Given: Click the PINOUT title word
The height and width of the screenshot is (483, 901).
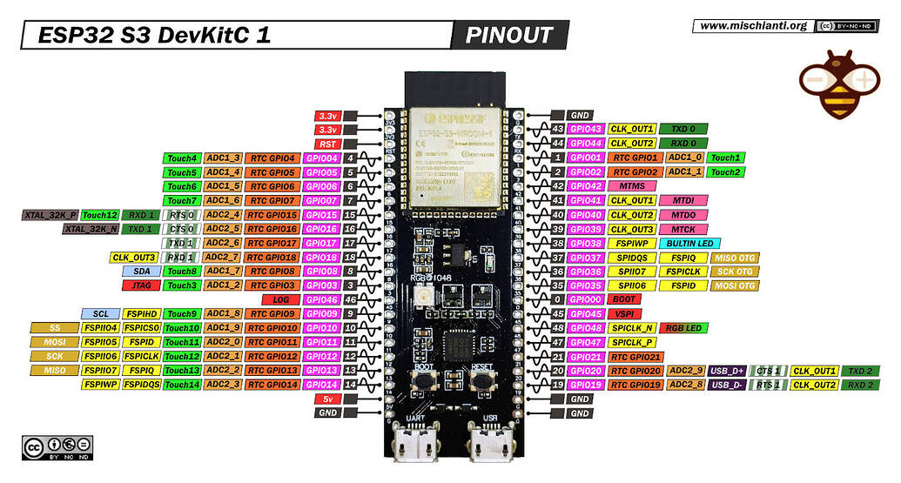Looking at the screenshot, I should (509, 36).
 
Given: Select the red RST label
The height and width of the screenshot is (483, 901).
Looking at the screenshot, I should (327, 144).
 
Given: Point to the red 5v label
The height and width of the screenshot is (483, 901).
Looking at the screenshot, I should (327, 399).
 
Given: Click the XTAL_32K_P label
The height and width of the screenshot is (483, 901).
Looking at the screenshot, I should (50, 215).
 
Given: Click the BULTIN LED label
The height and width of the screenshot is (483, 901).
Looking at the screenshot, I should (688, 244).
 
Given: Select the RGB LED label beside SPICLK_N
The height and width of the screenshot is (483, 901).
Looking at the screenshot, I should (683, 328).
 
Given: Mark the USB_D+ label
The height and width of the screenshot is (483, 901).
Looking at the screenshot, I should (728, 371).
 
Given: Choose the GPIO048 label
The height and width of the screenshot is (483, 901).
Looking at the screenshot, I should (585, 328).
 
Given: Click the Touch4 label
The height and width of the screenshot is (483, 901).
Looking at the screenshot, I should (182, 158).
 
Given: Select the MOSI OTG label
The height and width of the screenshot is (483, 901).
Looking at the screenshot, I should (735, 285).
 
